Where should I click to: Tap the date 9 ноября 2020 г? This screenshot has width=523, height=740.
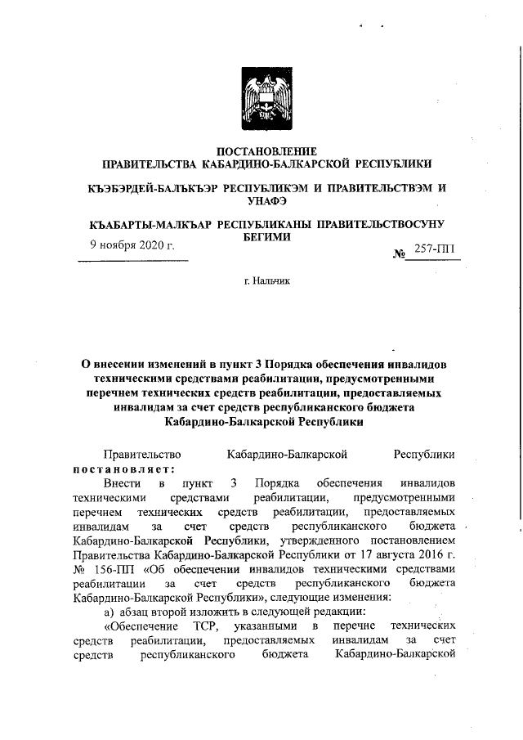pos(132,244)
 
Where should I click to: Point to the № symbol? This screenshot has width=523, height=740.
pos(400,253)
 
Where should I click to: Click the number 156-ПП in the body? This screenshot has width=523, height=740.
pos(110,568)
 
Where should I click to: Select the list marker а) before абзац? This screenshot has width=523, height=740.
pos(95,612)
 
